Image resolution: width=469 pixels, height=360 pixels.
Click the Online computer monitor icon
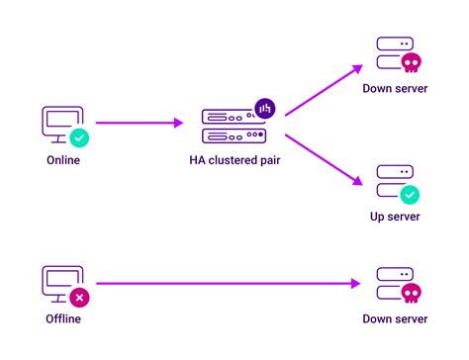[60, 124]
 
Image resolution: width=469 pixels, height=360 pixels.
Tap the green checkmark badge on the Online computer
[79, 138]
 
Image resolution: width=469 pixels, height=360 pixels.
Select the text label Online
[63, 160]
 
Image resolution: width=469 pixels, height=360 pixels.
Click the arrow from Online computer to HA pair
[140, 124]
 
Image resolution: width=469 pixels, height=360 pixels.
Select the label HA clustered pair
[234, 160]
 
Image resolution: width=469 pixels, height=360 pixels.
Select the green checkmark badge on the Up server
[410, 195]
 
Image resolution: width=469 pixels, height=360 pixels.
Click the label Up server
[396, 217]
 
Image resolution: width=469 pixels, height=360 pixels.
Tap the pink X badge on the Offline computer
[79, 296]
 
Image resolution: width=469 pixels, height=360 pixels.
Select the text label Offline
[63, 318]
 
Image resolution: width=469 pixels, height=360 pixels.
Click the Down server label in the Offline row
[396, 318]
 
